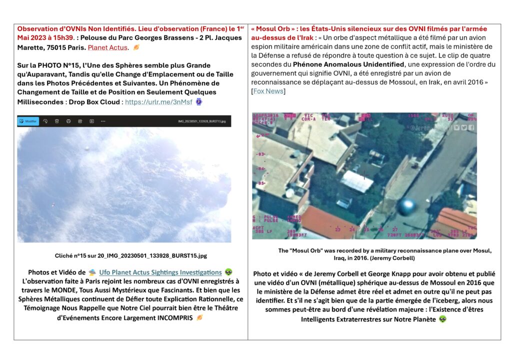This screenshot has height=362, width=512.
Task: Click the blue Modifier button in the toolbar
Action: coord(28,121)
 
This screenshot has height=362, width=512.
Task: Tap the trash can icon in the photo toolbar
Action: coord(56,121)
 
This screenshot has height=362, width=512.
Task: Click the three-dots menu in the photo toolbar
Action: coord(103,121)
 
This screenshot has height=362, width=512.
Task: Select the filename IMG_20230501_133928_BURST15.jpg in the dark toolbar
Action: coord(201,121)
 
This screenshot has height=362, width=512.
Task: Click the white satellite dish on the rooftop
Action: coord(289,192)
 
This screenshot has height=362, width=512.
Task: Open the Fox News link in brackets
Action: coord(268,91)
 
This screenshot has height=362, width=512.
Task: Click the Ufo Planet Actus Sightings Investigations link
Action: coord(160,272)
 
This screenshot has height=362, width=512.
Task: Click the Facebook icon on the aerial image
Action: coord(471,128)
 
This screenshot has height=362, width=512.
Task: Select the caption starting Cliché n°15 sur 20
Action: coord(130,255)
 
